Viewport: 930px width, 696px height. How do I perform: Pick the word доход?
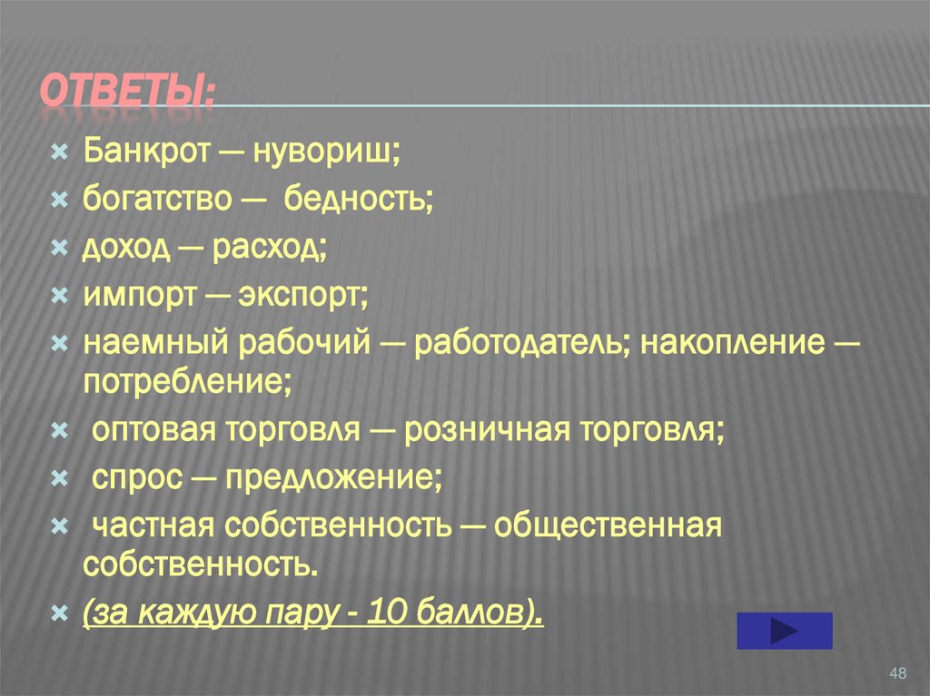click(126, 247)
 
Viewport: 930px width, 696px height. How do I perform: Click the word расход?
click(270, 247)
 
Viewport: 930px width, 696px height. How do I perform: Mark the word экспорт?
click(302, 295)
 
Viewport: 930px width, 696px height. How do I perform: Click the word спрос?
click(137, 478)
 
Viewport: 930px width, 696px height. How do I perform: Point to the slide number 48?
click(898, 672)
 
